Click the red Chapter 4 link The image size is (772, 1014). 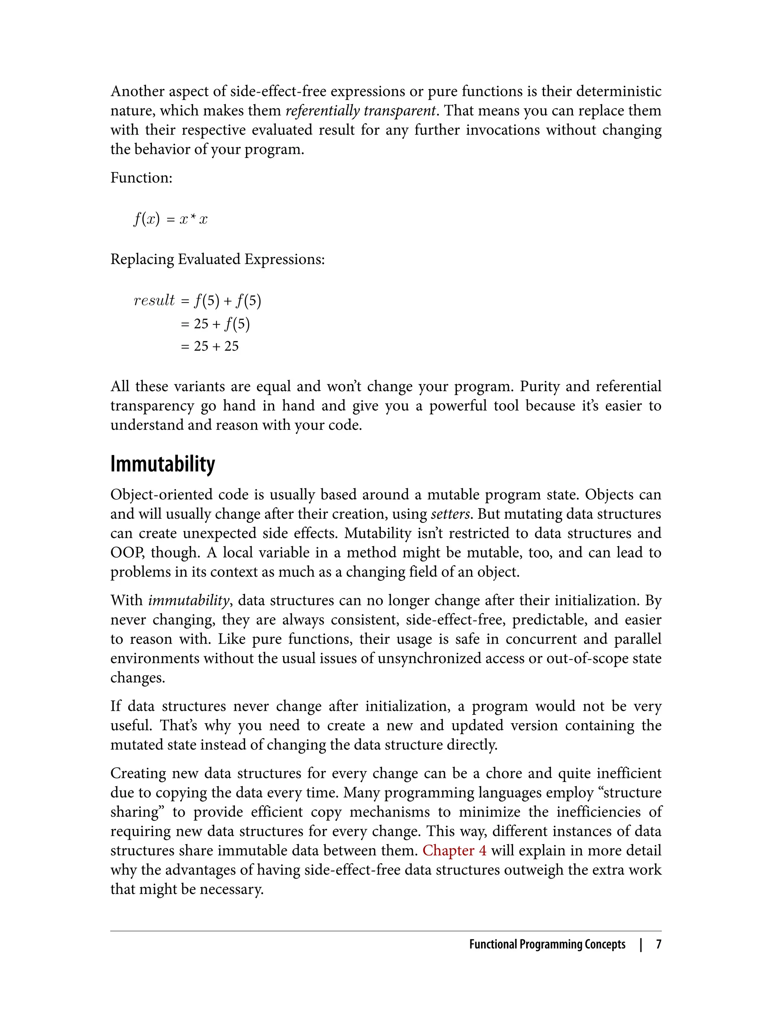[454, 851]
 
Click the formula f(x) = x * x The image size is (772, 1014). [170, 219]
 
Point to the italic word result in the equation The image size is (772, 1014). [154, 300]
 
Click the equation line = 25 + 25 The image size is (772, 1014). [210, 346]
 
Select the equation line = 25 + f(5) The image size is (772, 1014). [215, 324]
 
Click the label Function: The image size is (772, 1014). [141, 178]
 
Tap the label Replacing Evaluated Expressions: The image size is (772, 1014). [218, 260]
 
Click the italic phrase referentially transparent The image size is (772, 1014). [360, 111]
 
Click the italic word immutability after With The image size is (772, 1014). [188, 601]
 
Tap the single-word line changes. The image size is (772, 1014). [137, 678]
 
